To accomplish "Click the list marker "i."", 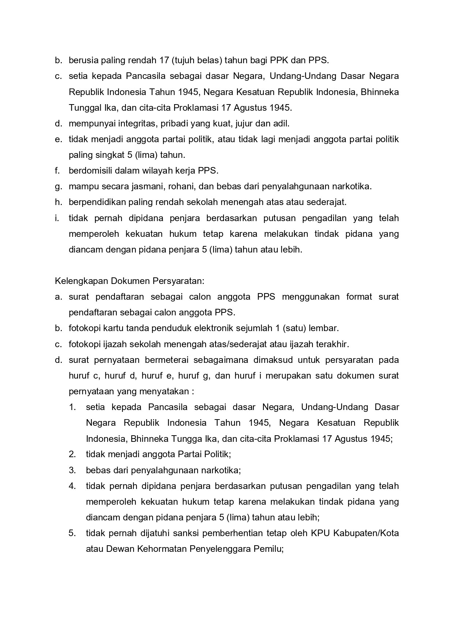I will click(57, 218).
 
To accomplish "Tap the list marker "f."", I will click(57, 171).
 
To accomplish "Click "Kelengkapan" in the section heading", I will click(78, 281).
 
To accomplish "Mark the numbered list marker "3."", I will click(72, 470).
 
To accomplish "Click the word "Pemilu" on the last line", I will click(269, 549).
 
